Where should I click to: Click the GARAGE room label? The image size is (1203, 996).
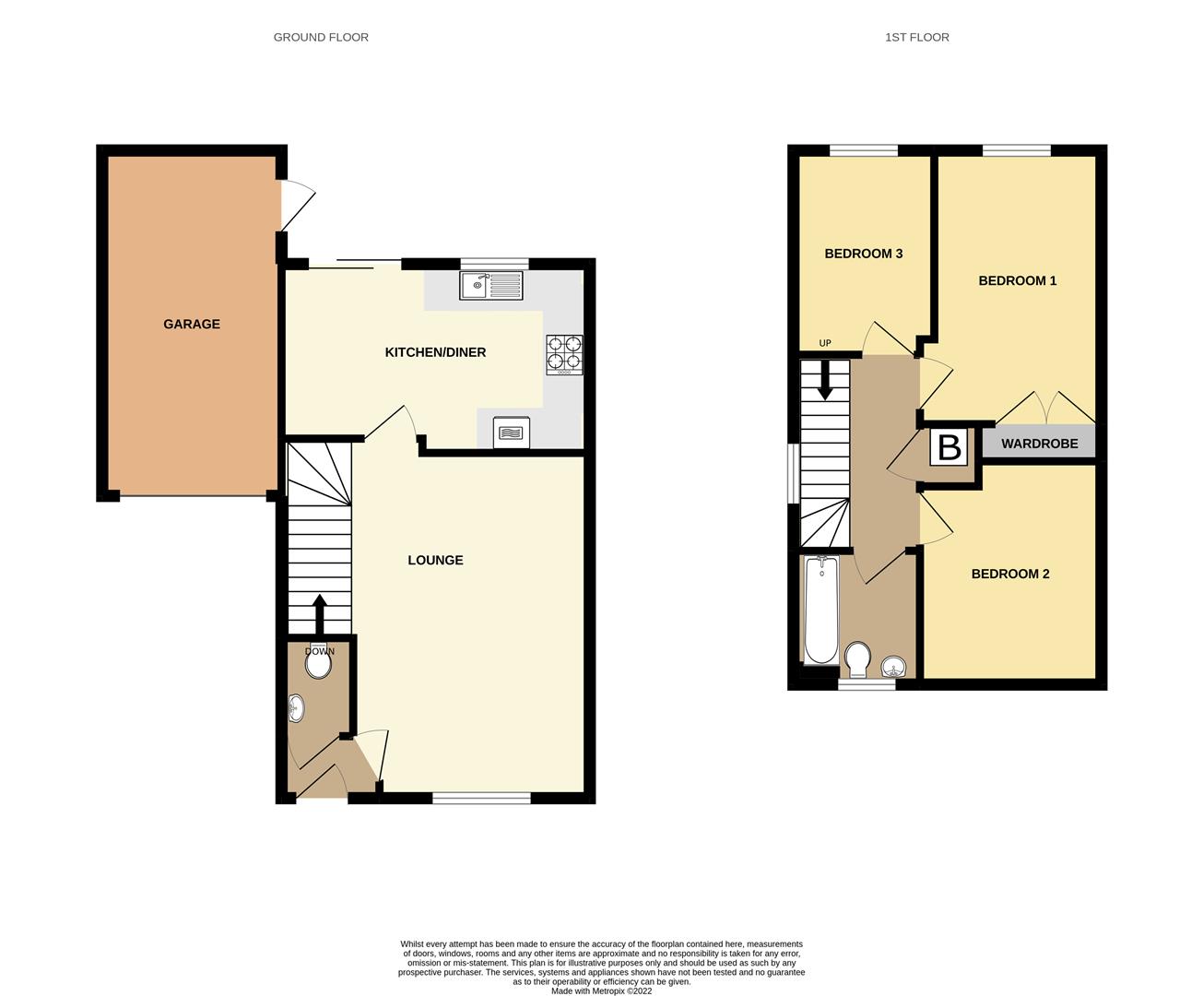click(192, 324)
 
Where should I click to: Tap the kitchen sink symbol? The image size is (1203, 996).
click(492, 285)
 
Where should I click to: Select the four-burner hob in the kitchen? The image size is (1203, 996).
click(565, 354)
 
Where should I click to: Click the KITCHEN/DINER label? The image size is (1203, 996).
click(435, 352)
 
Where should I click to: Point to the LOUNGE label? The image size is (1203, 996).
click(435, 560)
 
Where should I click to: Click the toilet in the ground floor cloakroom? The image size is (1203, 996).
click(318, 662)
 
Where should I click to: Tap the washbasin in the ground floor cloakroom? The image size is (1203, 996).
click(297, 708)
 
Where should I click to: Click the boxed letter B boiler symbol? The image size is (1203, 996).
click(949, 447)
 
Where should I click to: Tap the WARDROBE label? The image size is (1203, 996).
click(1039, 444)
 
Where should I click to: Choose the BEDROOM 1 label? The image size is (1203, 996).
click(1017, 280)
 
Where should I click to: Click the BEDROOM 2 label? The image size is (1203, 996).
click(1009, 574)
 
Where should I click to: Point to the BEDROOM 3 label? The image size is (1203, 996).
click(863, 254)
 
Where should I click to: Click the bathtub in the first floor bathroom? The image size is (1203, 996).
click(820, 610)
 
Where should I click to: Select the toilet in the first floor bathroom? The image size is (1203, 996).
click(857, 658)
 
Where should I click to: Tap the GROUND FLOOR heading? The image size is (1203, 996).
click(321, 38)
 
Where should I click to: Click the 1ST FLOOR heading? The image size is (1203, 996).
click(916, 38)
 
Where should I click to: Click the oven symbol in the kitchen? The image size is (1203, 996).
click(512, 433)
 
